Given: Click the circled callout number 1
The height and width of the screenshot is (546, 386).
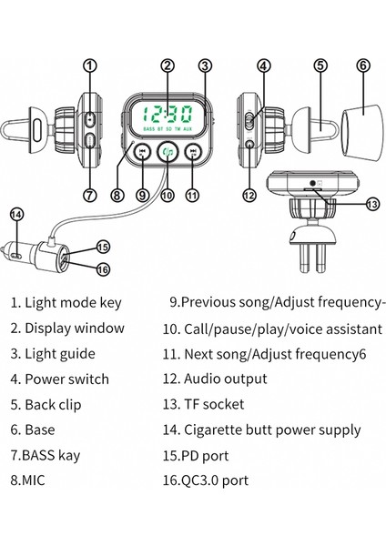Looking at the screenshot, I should click(x=89, y=65).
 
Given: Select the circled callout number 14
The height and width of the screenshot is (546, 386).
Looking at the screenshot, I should click(x=15, y=214).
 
